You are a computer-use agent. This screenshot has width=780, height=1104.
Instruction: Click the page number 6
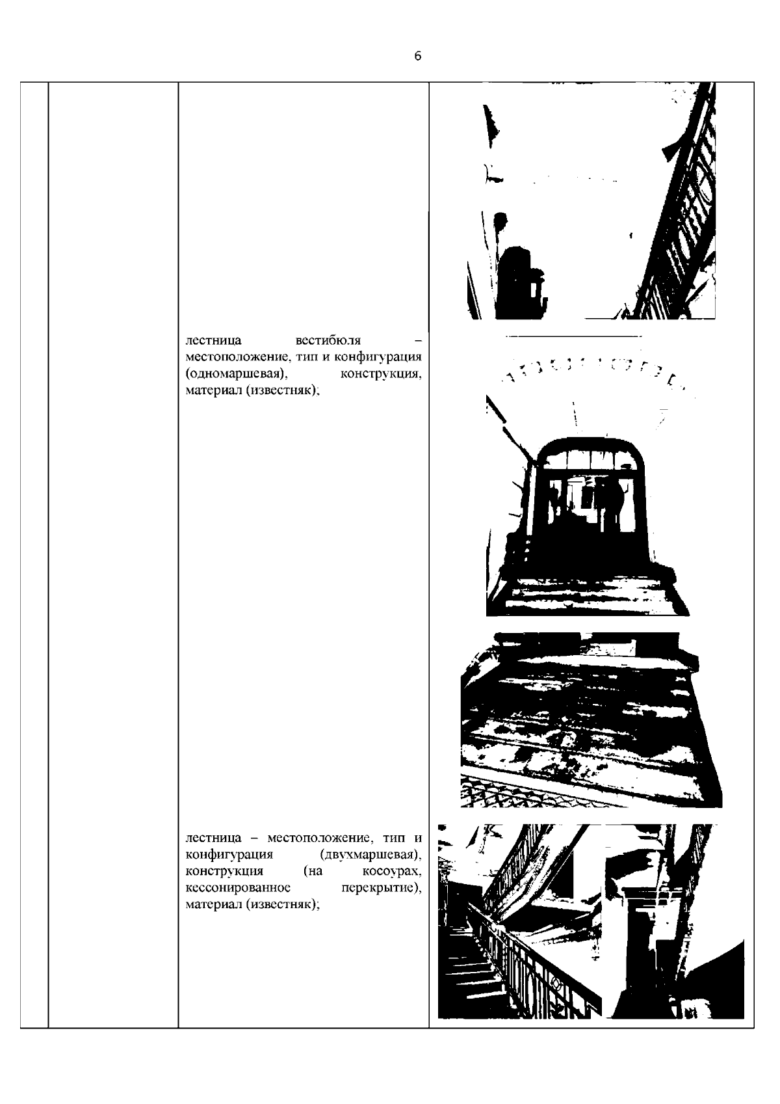click(417, 56)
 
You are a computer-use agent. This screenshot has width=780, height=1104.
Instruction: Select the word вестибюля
click(328, 340)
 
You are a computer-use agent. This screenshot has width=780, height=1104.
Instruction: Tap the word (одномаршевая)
click(237, 374)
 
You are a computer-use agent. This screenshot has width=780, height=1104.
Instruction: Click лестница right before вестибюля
click(213, 340)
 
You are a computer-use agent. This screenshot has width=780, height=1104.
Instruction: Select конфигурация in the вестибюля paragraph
click(382, 357)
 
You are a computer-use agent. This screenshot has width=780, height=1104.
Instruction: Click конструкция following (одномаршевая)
click(381, 374)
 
